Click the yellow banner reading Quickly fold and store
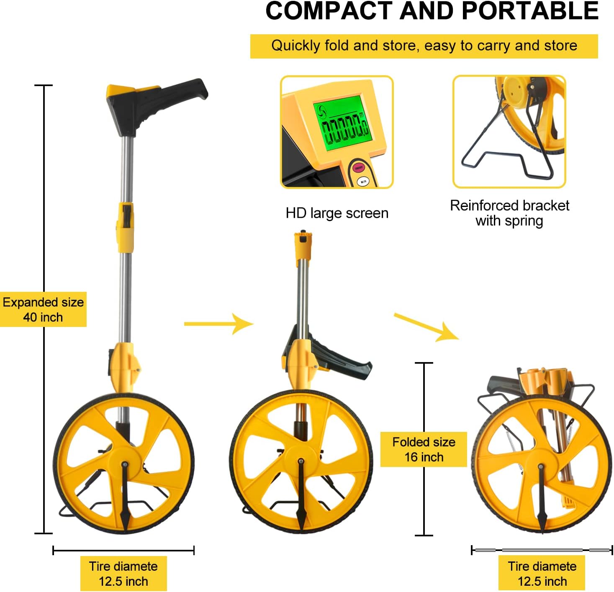424,46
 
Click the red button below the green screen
358,168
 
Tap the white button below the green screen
363,181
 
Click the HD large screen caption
337,213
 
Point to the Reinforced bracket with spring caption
509,213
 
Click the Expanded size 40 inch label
43,309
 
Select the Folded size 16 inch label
424,449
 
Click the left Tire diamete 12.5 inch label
123,574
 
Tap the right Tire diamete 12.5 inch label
542,574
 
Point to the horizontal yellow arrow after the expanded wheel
218,324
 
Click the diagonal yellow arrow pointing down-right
426,327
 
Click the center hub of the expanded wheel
124,464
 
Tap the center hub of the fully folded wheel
540,466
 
